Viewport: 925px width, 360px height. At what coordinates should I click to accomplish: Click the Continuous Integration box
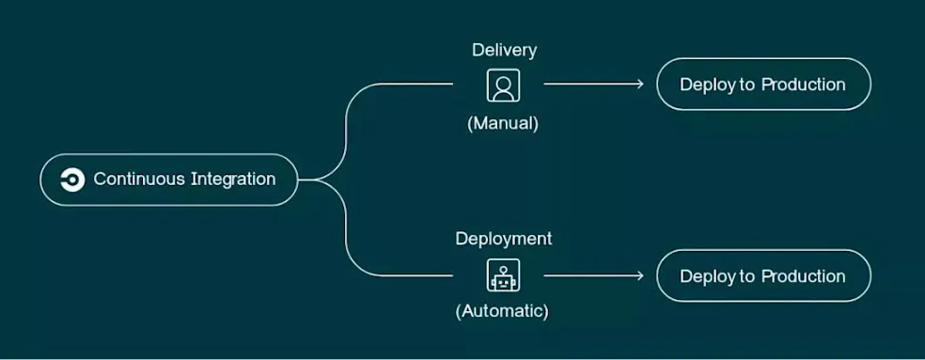pyautogui.click(x=169, y=180)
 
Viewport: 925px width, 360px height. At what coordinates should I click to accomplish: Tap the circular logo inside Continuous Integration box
pyautogui.click(x=71, y=180)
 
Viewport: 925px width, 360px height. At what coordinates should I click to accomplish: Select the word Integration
pyautogui.click(x=233, y=180)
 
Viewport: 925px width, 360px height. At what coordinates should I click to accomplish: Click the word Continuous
pyautogui.click(x=139, y=180)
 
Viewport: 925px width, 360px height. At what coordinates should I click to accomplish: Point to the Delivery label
pyautogui.click(x=504, y=50)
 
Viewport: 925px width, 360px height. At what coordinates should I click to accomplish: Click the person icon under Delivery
pyautogui.click(x=503, y=86)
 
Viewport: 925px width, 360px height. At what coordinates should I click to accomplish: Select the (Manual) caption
pyautogui.click(x=503, y=123)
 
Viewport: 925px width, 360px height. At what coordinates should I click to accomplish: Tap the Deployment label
pyautogui.click(x=503, y=239)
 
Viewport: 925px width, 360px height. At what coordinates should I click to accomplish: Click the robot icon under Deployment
pyautogui.click(x=503, y=275)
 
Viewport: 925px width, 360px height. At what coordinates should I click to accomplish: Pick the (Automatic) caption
pyautogui.click(x=503, y=310)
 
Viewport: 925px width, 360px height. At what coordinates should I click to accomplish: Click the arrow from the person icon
pyautogui.click(x=593, y=85)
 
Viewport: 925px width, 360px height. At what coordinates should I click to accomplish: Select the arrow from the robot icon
pyautogui.click(x=593, y=275)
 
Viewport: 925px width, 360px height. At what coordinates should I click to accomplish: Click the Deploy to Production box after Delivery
pyautogui.click(x=762, y=85)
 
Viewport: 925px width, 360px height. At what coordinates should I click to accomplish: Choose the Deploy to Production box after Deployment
pyautogui.click(x=762, y=275)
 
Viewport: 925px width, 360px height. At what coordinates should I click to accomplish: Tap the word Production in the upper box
pyautogui.click(x=803, y=85)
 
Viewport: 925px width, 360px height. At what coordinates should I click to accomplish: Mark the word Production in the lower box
pyautogui.click(x=803, y=276)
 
